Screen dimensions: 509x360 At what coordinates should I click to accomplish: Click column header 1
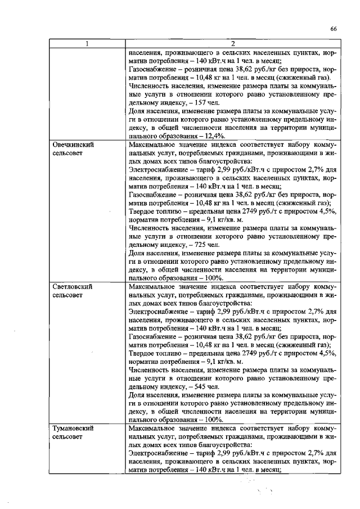point(87,44)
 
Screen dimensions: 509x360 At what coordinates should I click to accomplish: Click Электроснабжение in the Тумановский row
point(159,453)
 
